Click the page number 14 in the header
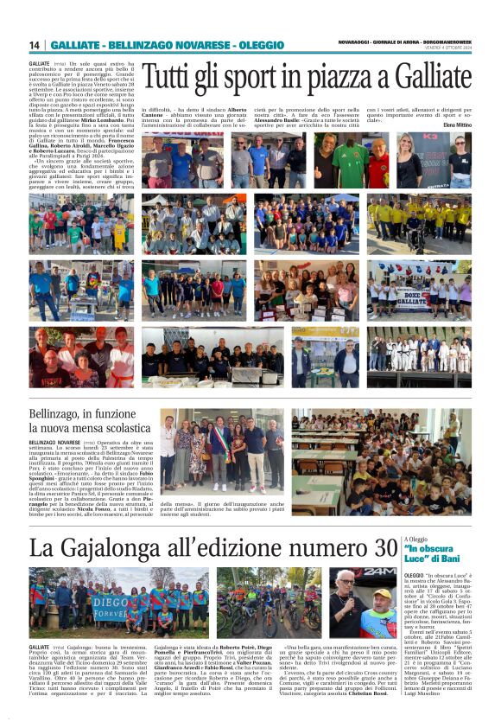(x=35, y=45)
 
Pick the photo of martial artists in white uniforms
(x=420, y=354)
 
